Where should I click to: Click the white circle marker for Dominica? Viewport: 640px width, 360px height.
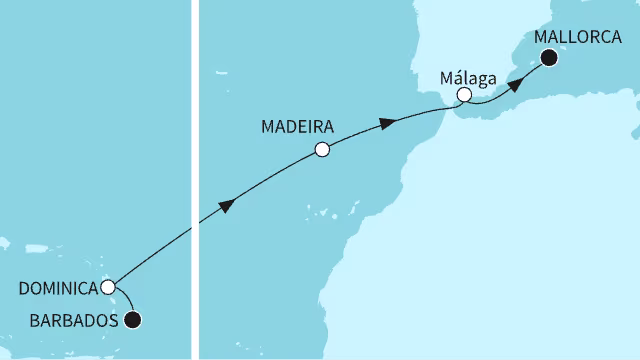click(107, 287)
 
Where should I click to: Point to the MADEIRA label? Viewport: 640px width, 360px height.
click(296, 127)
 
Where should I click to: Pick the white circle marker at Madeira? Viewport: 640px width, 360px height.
click(321, 150)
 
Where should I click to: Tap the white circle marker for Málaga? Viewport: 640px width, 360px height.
click(464, 95)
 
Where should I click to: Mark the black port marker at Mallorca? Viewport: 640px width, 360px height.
click(549, 58)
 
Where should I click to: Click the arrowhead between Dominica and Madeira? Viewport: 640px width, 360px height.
click(228, 205)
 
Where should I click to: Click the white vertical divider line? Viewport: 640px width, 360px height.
click(195, 180)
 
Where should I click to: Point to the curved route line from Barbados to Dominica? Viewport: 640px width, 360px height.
click(126, 300)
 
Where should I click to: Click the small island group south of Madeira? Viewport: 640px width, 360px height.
click(322, 211)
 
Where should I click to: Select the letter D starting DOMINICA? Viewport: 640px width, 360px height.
click(25, 289)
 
